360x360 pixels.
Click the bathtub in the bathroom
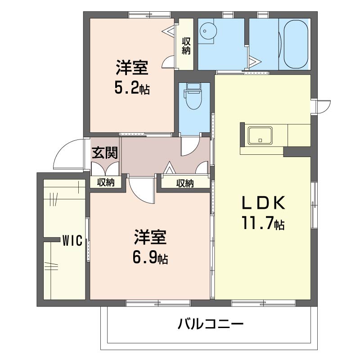(296, 44)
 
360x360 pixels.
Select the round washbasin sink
(208, 31)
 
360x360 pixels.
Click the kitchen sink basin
(260, 135)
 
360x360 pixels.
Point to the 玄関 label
(105, 153)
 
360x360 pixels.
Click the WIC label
(72, 241)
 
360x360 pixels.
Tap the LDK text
(263, 202)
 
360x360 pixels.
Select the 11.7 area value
(263, 223)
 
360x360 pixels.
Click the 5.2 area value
(132, 88)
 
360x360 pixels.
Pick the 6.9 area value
(150, 257)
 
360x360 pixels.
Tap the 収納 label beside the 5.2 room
(186, 46)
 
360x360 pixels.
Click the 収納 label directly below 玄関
(106, 182)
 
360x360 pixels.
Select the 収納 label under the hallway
(185, 183)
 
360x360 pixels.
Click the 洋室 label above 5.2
(132, 67)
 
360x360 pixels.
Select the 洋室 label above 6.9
(150, 237)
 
